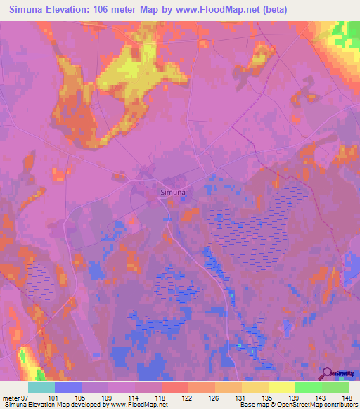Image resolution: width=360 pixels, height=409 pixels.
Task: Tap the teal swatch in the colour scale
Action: click(41, 387)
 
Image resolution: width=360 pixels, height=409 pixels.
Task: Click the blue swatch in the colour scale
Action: click(67, 387)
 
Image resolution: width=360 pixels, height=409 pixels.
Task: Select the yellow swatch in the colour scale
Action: click(281, 387)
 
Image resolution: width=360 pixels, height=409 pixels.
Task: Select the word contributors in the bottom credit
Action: click(337, 405)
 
